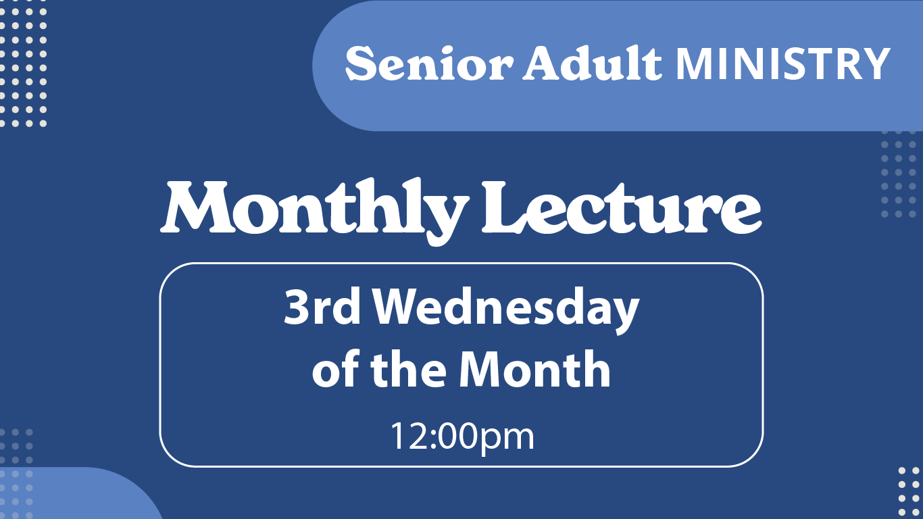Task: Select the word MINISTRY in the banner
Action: tap(782, 64)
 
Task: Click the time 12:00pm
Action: tap(461, 436)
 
